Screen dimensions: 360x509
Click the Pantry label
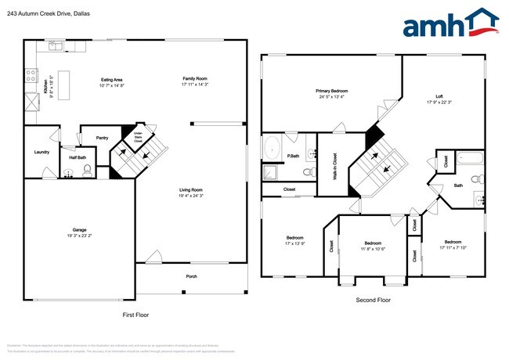click(x=102, y=139)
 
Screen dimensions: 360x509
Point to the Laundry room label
click(x=42, y=153)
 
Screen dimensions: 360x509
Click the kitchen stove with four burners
click(x=31, y=76)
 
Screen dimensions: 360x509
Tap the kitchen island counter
click(x=63, y=83)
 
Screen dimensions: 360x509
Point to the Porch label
click(x=191, y=276)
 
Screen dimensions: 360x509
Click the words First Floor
click(x=135, y=315)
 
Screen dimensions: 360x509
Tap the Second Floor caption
click(x=373, y=300)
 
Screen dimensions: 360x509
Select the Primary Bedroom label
click(x=332, y=91)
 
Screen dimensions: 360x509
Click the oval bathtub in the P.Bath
click(x=273, y=146)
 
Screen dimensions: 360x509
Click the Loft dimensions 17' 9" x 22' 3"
click(x=439, y=103)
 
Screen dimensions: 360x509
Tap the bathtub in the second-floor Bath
click(x=471, y=158)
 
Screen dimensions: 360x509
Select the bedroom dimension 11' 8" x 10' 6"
click(x=373, y=249)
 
